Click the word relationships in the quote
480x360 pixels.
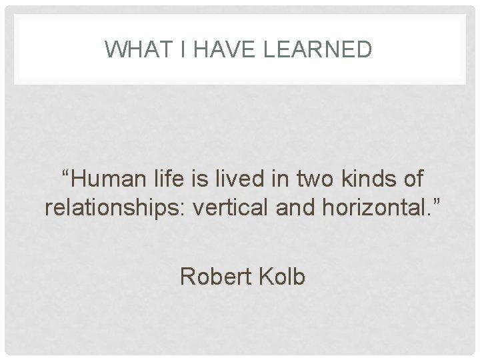click(x=114, y=207)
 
